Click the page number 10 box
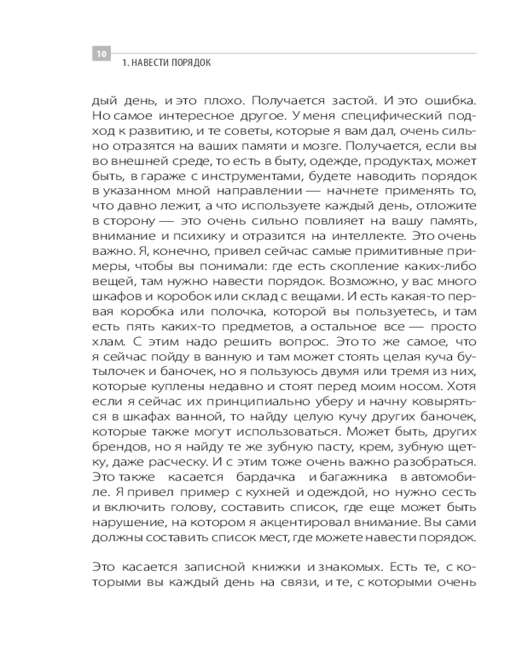pos(101,54)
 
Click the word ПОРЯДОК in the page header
pos(193,64)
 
